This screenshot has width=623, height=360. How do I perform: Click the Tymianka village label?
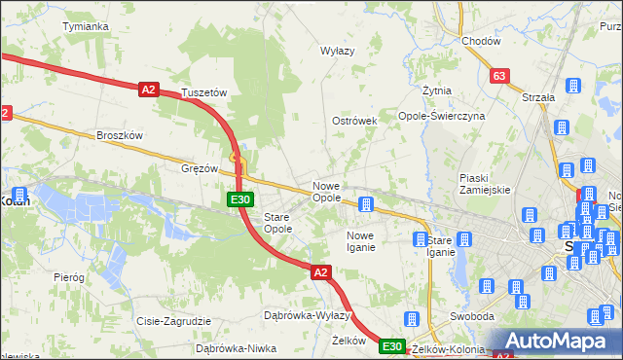coord(85,26)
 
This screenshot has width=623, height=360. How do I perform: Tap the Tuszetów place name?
coord(203,92)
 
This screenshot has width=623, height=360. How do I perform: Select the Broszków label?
coord(120,135)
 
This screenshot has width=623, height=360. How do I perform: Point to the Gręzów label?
coord(200,167)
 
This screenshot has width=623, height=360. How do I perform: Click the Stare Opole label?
coord(278,223)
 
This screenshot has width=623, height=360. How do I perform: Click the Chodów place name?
coord(481,41)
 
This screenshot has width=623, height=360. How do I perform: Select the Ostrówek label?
coord(354,121)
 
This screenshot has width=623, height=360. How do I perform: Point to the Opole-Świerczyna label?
coord(441,115)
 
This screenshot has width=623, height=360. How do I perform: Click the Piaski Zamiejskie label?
coord(485,184)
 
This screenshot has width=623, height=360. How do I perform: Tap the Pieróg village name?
coord(69,277)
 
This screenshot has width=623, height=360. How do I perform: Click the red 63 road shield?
coord(500,76)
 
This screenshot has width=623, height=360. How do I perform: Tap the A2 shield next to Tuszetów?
coord(148,90)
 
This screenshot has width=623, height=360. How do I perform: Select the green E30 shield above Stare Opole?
coord(241,199)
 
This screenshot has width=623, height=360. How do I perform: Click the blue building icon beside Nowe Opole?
coord(366,204)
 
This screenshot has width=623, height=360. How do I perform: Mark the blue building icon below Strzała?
coord(562,127)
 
